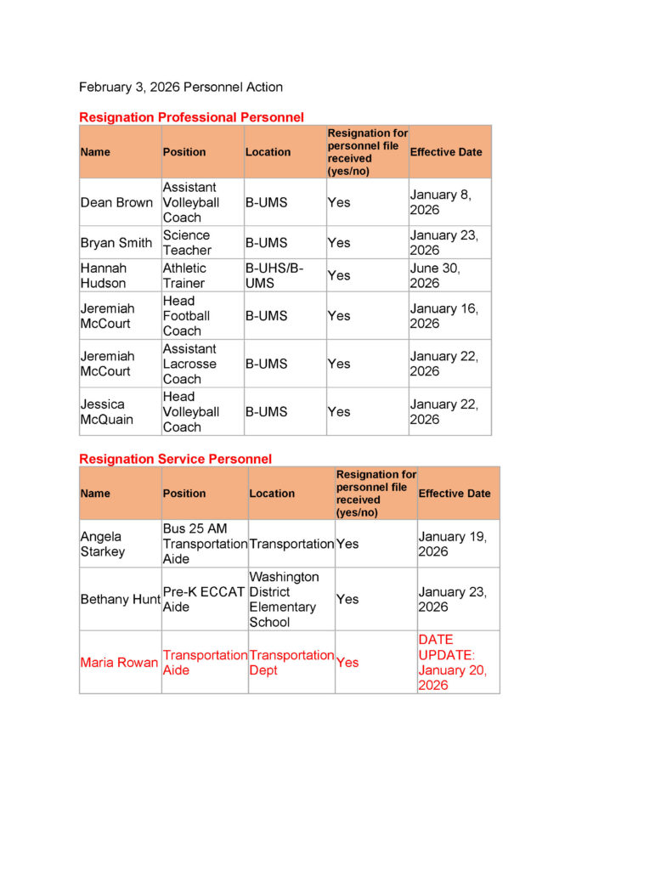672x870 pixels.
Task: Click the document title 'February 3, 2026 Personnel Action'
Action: (181, 87)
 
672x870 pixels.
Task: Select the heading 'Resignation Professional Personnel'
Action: (191, 117)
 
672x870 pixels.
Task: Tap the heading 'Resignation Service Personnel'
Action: (175, 459)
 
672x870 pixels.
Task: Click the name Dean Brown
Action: (116, 202)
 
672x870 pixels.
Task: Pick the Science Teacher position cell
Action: (187, 242)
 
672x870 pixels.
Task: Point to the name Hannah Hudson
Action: (103, 275)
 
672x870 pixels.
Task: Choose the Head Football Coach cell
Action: (186, 315)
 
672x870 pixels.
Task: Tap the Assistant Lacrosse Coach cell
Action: (189, 364)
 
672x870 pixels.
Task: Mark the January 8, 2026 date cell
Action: (439, 202)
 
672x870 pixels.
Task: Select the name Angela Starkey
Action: (103, 544)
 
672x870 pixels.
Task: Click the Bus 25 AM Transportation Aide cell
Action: (204, 544)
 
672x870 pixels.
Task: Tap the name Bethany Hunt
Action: (120, 599)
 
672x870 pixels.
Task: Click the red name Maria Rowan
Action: (119, 663)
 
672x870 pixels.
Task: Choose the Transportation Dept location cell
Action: (291, 663)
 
